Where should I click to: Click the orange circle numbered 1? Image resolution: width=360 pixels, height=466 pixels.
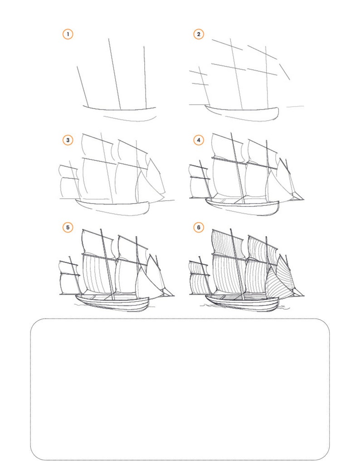point(68,34)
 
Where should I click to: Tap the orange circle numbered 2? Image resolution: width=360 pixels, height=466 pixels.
point(199,34)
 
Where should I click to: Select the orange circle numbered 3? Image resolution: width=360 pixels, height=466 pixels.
point(68,141)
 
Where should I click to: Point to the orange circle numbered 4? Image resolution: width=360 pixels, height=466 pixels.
point(199,141)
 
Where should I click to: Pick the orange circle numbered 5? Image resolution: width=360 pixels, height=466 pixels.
point(68,227)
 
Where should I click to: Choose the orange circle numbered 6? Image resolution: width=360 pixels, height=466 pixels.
point(199,227)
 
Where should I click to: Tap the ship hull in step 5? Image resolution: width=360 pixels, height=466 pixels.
point(113,304)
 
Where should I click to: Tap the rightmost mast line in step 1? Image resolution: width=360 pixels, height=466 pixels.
point(145,77)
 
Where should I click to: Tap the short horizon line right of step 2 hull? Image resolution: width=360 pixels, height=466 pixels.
point(295,107)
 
